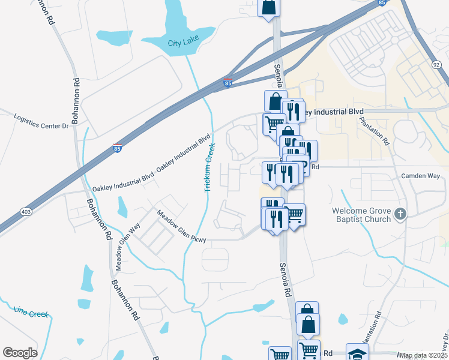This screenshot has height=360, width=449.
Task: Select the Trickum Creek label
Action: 209,167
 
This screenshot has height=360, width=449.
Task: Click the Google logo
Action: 20,353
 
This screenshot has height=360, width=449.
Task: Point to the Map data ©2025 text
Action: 424,355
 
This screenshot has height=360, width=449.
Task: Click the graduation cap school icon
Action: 357,353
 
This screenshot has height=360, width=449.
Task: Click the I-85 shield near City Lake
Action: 228,83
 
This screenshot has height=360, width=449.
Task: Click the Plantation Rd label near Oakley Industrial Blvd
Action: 375,130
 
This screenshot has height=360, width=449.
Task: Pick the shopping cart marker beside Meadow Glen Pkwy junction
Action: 294,214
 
